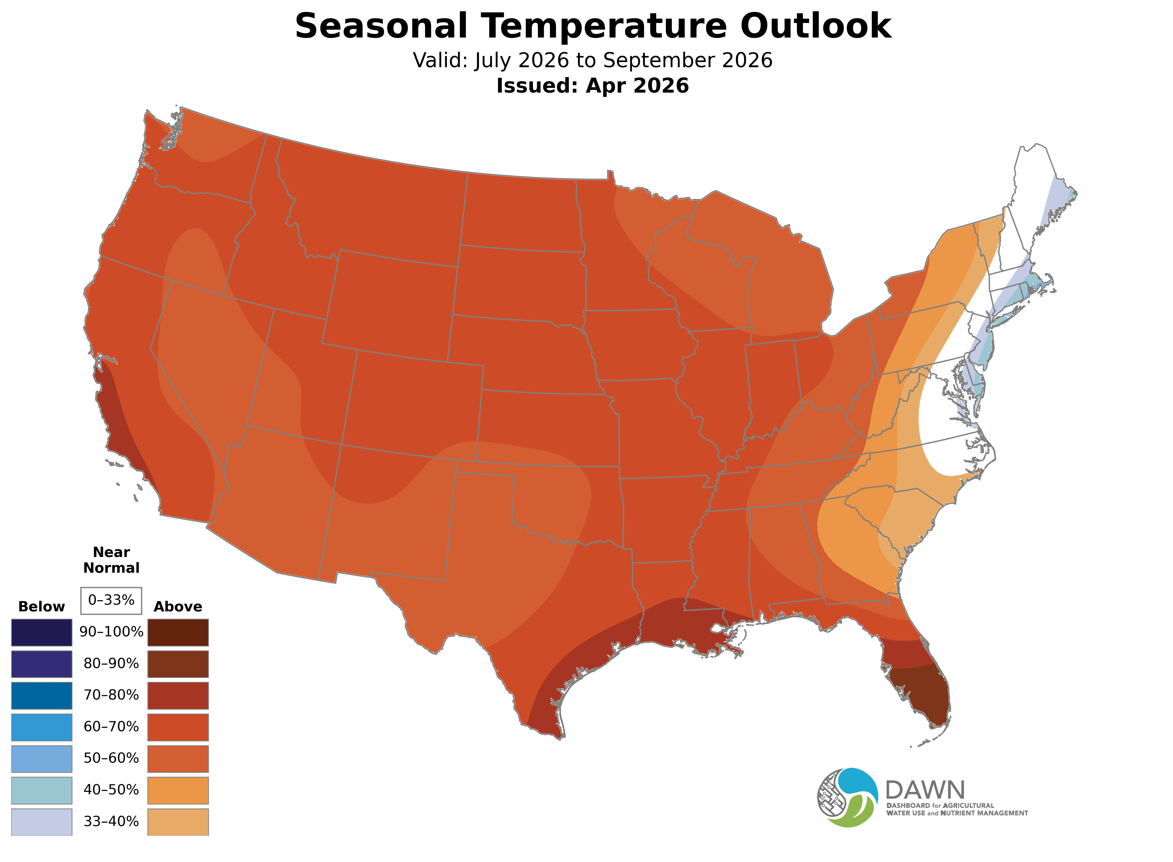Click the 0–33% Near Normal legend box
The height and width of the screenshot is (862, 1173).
(111, 601)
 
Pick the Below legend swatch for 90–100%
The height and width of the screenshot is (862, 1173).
(42, 633)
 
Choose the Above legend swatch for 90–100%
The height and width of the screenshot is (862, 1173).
(178, 633)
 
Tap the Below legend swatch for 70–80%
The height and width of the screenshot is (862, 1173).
(42, 695)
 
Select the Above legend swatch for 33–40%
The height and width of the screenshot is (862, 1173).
(178, 822)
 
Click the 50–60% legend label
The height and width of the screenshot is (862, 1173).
(111, 758)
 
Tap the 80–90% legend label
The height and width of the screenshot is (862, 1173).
(111, 664)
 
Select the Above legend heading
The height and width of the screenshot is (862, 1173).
(178, 607)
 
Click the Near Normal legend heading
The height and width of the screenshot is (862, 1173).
(111, 560)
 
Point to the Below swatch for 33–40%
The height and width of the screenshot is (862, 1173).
(42, 822)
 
